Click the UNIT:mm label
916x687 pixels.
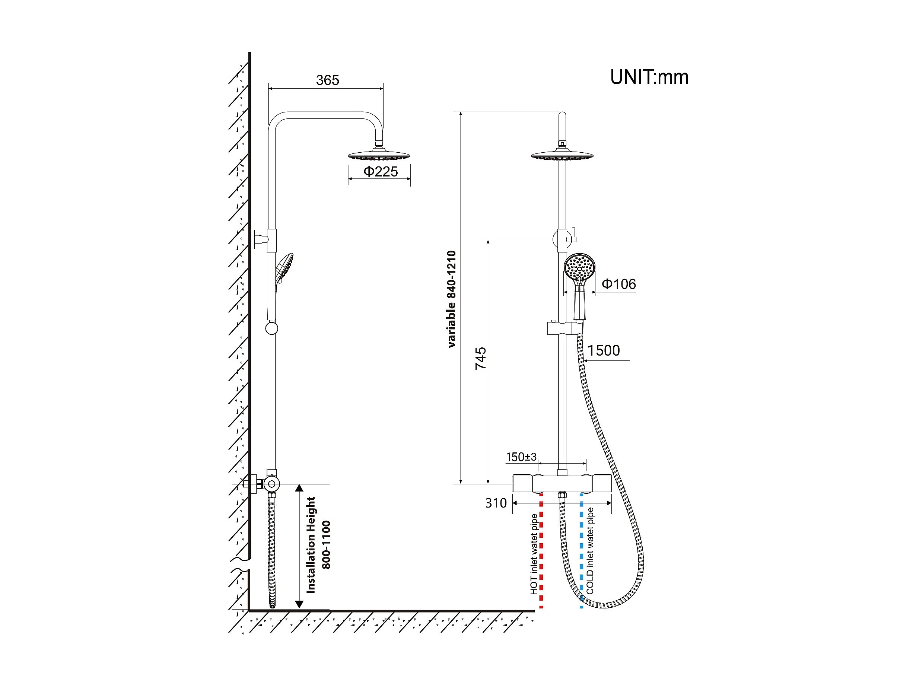click(649, 77)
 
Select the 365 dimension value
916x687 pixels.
click(327, 80)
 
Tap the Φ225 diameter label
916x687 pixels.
click(380, 171)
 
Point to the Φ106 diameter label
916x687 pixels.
click(618, 284)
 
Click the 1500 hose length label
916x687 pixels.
click(603, 351)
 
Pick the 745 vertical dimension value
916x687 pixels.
click(480, 358)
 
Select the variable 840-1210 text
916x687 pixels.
click(451, 299)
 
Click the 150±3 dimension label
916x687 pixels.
click(521, 457)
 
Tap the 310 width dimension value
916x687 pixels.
click(496, 503)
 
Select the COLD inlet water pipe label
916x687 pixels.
click(590, 551)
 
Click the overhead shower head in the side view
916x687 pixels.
click(378, 156)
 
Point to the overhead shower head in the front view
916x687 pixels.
click(562, 156)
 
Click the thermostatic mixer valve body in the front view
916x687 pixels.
click(562, 483)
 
